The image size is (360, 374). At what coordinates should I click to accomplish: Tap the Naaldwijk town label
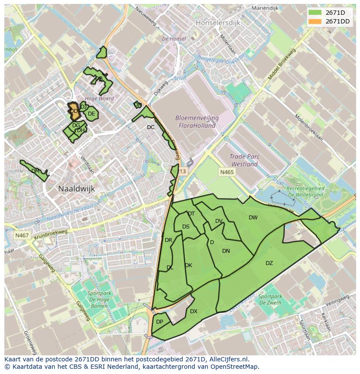click(77, 189)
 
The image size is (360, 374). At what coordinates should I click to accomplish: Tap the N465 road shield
click(227, 172)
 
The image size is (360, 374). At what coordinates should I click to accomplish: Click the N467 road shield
click(22, 235)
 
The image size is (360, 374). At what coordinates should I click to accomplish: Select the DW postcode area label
click(253, 218)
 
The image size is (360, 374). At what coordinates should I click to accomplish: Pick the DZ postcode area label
click(269, 263)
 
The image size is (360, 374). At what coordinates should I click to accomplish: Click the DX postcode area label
click(193, 311)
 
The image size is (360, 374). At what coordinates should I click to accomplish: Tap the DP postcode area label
click(160, 322)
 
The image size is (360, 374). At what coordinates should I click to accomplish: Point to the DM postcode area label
click(36, 171)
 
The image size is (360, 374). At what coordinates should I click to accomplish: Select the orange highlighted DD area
click(73, 110)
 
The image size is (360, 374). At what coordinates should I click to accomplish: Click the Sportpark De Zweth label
click(270, 300)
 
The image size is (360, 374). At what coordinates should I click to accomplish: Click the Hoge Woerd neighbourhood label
click(100, 99)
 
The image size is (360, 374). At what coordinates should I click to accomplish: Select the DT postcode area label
click(191, 214)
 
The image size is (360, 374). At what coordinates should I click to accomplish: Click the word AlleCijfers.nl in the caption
click(227, 359)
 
